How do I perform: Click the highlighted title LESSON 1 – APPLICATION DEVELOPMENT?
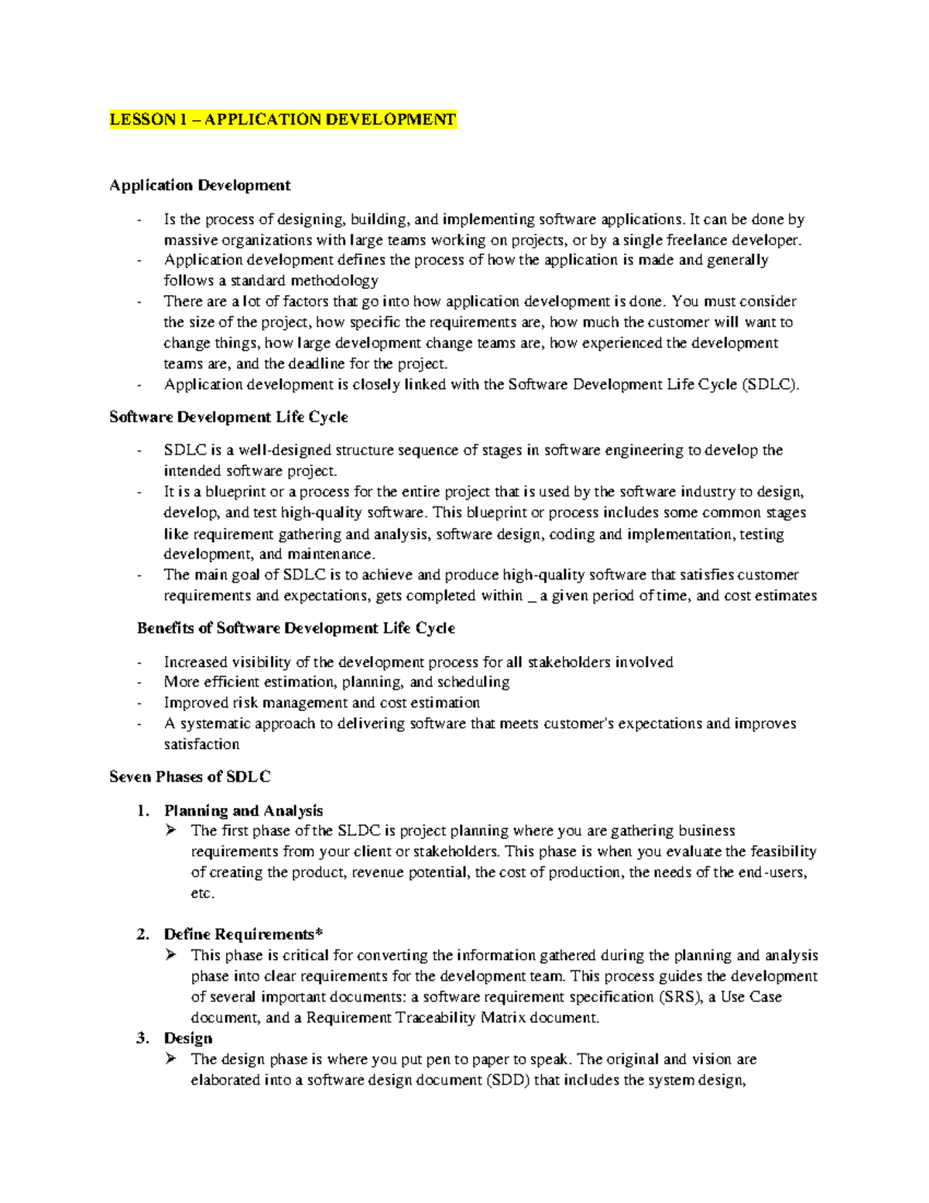point(283,119)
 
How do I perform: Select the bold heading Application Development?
point(200,185)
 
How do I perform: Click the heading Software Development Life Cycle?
point(228,417)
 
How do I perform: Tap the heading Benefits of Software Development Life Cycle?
point(296,628)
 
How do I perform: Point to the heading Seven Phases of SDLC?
point(190,777)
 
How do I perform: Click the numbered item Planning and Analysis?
point(243,810)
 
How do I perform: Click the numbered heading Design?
point(188,1038)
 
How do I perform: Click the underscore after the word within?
point(531,596)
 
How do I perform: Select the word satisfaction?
point(201,744)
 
